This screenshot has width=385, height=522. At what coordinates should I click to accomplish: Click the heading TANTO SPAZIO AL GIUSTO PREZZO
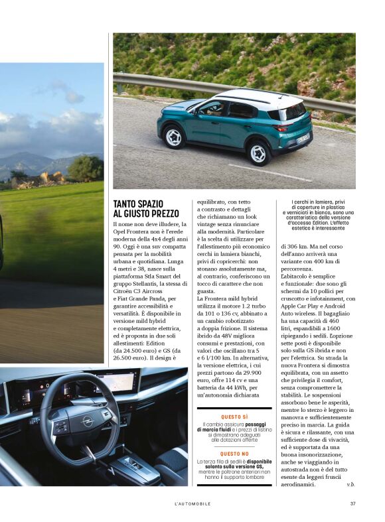146,208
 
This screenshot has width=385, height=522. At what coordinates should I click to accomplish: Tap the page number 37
353,503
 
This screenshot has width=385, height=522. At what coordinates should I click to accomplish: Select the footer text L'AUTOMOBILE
192,503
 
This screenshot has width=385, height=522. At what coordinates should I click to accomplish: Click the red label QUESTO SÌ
234,417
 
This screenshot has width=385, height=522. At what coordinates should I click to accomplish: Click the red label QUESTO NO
234,453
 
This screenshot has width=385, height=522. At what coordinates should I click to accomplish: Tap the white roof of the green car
246,98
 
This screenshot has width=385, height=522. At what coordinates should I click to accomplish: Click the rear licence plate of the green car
303,139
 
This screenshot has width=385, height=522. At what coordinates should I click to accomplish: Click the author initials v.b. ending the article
350,485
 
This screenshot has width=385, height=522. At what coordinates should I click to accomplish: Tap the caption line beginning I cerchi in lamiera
313,202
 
